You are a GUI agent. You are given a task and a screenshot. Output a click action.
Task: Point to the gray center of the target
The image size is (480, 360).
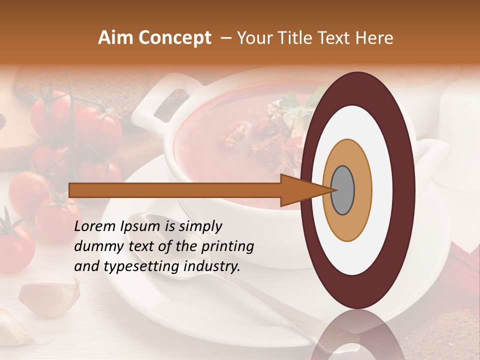(x=343, y=190)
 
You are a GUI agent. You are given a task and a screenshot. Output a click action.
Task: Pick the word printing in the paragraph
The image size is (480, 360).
(x=227, y=247)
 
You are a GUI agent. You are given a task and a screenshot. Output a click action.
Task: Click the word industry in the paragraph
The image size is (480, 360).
(x=210, y=267)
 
